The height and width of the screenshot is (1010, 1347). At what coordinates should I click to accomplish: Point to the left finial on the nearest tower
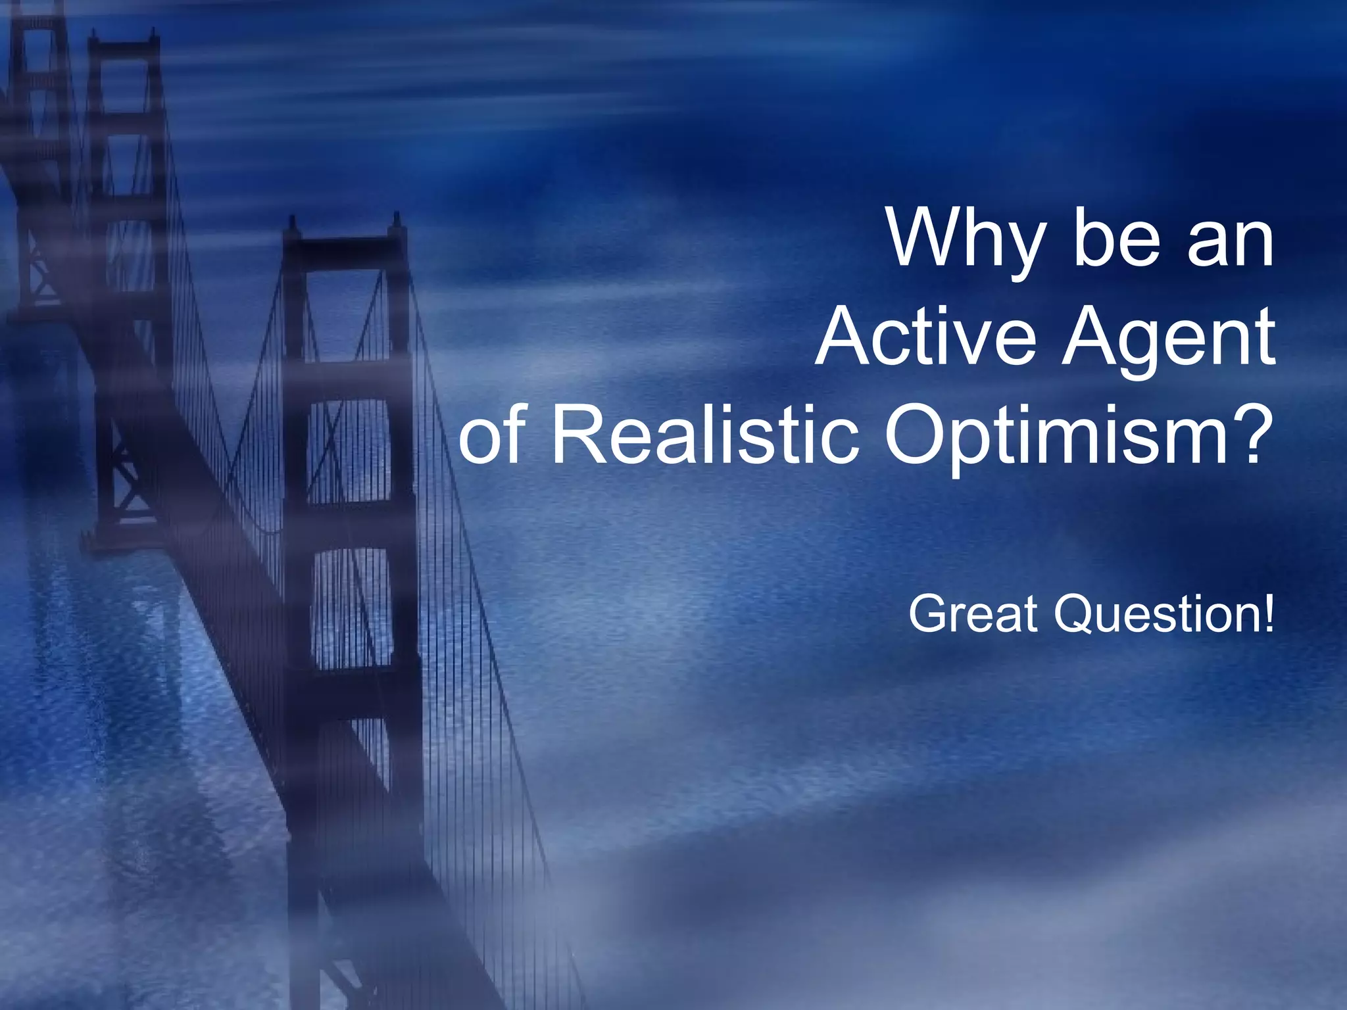click(291, 224)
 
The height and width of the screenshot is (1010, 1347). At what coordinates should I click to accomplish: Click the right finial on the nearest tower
click(397, 221)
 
